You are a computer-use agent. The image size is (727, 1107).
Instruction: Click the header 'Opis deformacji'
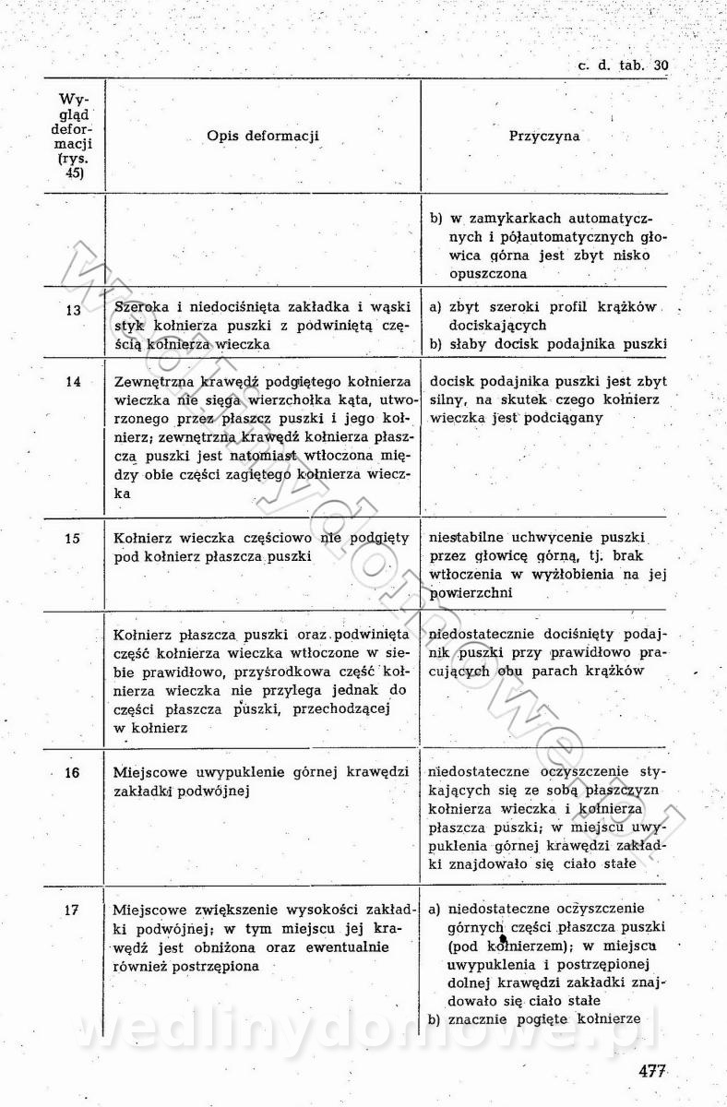pos(263,136)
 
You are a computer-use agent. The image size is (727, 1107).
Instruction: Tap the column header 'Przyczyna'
pos(544,136)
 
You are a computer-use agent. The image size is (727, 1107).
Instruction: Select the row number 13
pos(74,310)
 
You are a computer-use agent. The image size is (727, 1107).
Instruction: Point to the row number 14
pos(74,381)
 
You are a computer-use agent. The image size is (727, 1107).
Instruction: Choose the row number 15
pos(74,538)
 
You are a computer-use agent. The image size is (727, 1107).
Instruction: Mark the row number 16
pos(74,773)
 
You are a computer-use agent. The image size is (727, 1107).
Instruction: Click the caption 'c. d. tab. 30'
pos(623,65)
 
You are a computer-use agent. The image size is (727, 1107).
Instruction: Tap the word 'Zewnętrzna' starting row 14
pos(155,381)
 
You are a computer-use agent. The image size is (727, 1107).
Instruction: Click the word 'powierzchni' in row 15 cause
pos(471,593)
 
